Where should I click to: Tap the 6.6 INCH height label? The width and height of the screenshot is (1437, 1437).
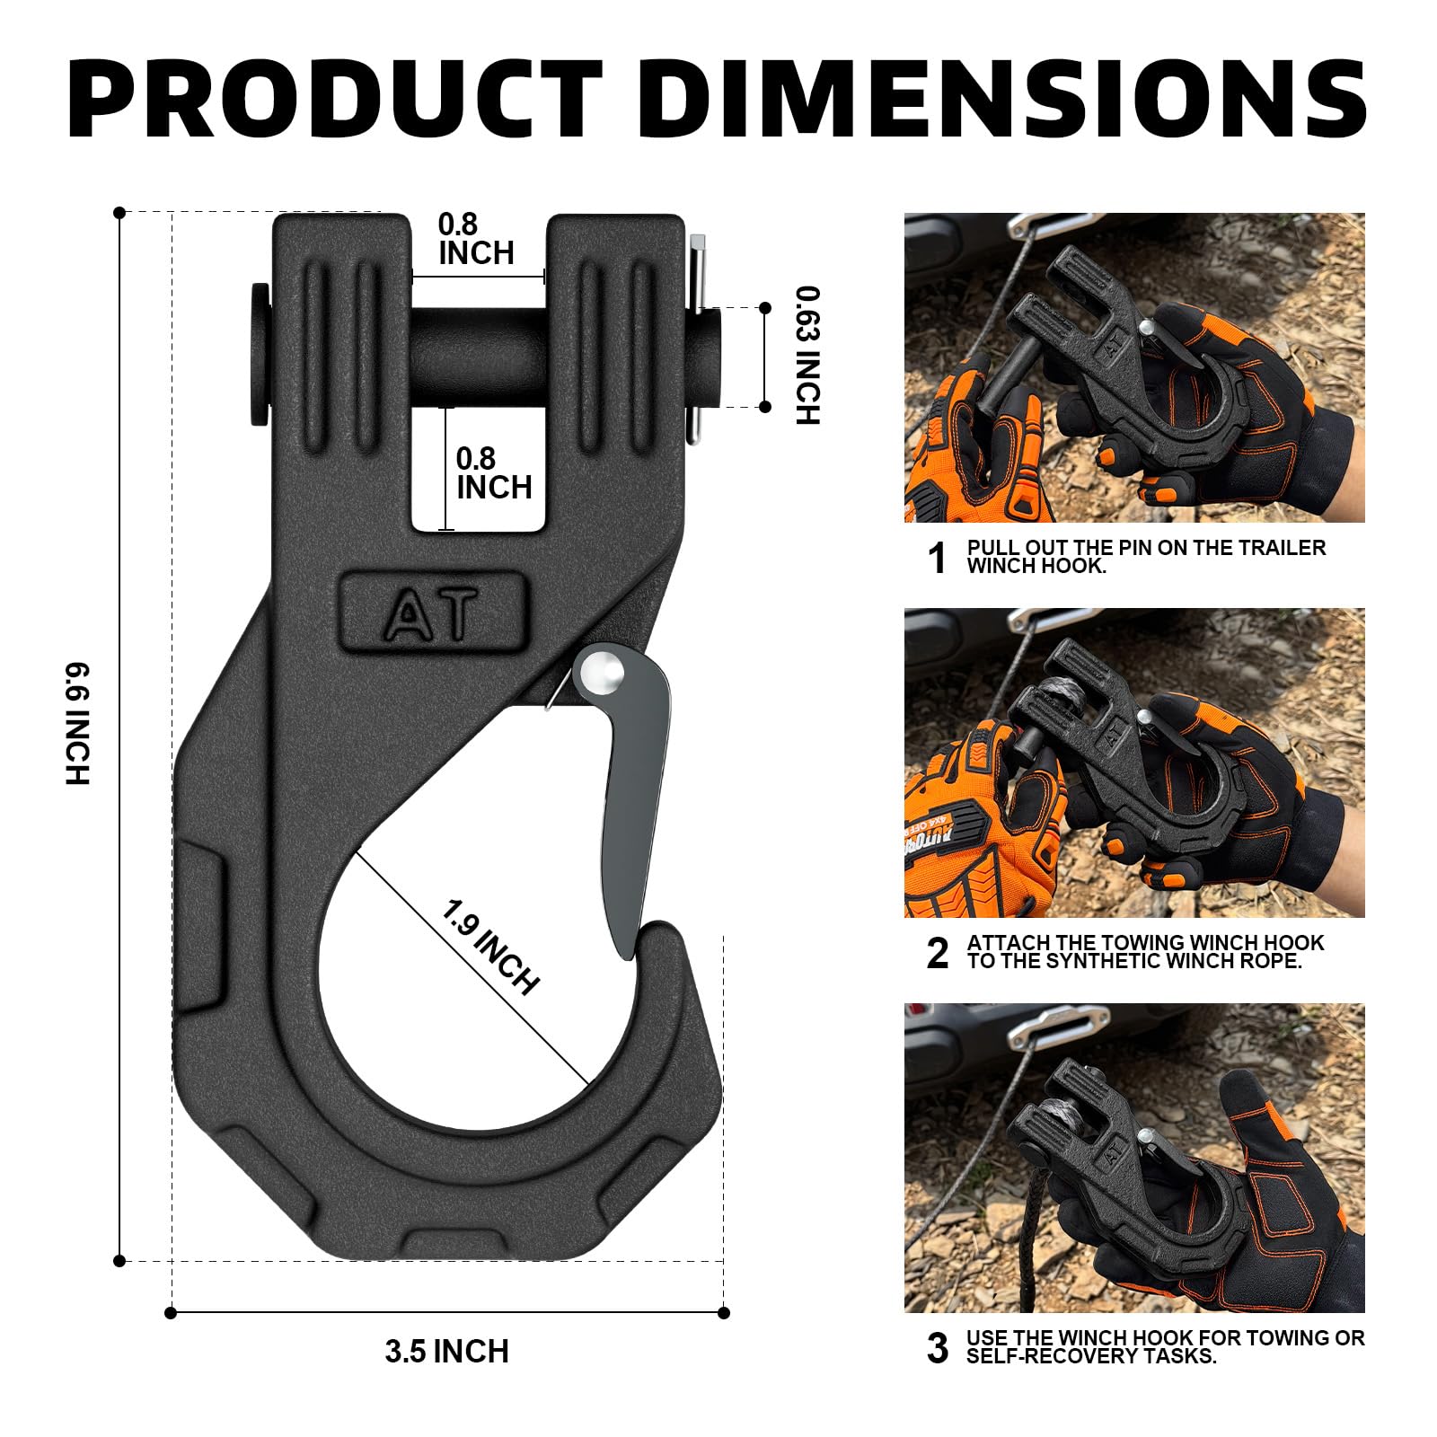click(78, 724)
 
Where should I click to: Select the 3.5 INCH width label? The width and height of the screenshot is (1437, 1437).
click(446, 1352)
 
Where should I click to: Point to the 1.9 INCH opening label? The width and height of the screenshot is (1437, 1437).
click(490, 947)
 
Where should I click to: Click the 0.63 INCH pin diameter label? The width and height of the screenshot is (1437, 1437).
click(808, 356)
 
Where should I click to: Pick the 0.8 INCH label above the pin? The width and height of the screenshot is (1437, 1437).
click(476, 239)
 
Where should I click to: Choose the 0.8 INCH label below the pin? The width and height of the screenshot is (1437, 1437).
click(494, 473)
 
